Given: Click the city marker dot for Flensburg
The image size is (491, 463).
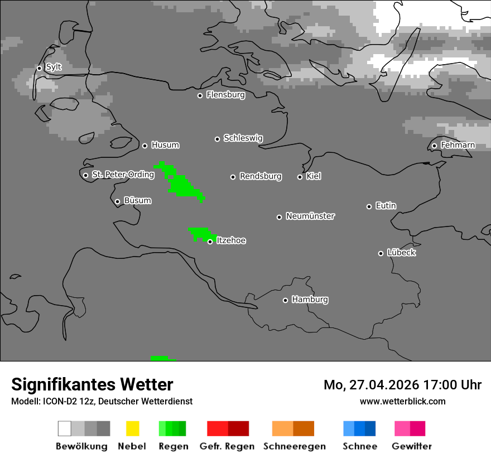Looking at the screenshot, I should (200, 95).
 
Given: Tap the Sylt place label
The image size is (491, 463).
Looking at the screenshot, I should (54, 67).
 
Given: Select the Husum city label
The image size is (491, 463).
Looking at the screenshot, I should (165, 145).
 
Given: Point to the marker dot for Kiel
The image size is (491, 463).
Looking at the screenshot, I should (300, 177).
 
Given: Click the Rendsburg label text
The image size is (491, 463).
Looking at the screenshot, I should (261, 176).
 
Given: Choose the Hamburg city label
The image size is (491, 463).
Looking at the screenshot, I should (310, 300).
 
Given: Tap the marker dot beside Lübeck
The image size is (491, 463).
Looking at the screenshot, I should (381, 253).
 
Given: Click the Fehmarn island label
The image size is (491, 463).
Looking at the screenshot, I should (458, 145).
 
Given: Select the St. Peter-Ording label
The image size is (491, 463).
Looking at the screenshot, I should (123, 175).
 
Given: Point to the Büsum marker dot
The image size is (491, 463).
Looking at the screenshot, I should (117, 201).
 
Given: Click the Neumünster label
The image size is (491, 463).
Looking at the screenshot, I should (310, 216).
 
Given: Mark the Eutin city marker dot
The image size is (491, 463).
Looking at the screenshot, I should (369, 206).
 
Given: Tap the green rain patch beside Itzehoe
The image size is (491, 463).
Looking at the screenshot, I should (199, 233).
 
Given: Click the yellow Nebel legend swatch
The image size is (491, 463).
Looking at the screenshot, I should (132, 428).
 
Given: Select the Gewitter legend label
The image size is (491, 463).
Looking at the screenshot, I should (412, 446).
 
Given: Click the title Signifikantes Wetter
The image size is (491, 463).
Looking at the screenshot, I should (92, 384).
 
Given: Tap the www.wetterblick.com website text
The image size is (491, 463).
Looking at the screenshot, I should (402, 401).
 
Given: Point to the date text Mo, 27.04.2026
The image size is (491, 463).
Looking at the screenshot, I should (375, 385).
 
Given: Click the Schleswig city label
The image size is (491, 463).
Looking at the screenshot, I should (243, 138).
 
